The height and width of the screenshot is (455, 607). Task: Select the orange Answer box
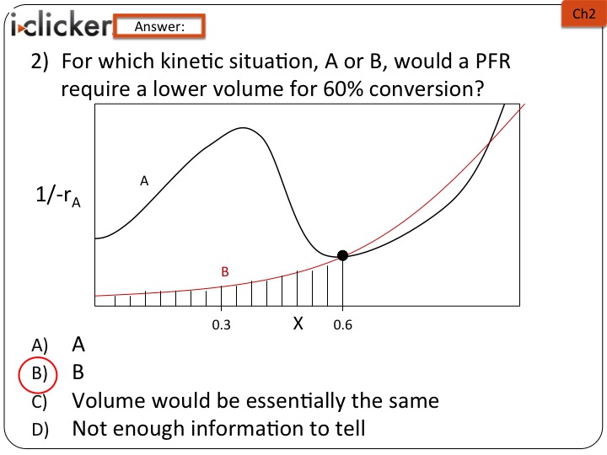pyautogui.click(x=159, y=26)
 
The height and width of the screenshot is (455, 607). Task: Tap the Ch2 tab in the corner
pyautogui.click(x=583, y=14)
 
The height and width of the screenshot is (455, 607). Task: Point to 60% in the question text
pyautogui.click(x=343, y=89)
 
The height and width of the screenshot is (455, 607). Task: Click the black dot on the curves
pyautogui.click(x=342, y=255)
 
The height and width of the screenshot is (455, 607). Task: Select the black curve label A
pyautogui.click(x=144, y=180)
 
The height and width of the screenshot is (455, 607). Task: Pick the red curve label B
pyautogui.click(x=225, y=271)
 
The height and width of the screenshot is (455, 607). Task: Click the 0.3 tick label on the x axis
pyautogui.click(x=221, y=325)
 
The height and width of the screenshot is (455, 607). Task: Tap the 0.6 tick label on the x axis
pyautogui.click(x=342, y=325)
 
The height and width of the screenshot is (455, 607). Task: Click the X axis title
pyautogui.click(x=298, y=323)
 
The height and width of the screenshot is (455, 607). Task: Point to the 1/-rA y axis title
pyautogui.click(x=58, y=195)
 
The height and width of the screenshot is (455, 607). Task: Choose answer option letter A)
pyautogui.click(x=40, y=345)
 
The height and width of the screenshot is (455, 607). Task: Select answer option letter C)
pyautogui.click(x=40, y=402)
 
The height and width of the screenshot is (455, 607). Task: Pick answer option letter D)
pyautogui.click(x=40, y=430)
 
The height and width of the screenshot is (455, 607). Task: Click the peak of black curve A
pyautogui.click(x=243, y=128)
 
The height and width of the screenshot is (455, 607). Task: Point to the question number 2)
pyautogui.click(x=40, y=62)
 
